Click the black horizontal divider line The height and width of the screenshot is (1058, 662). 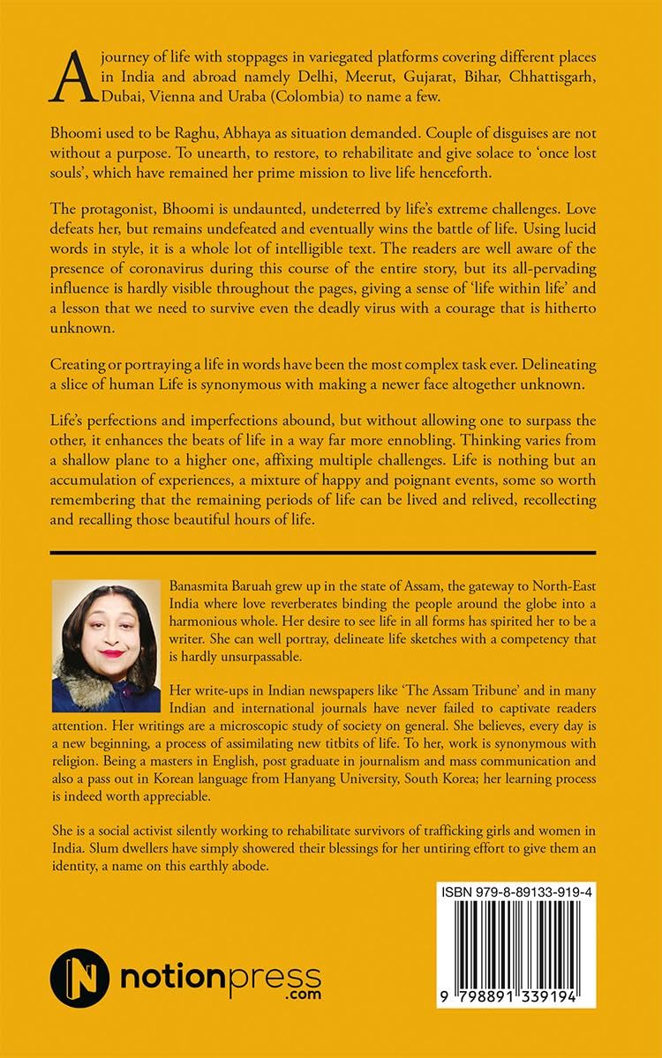click(323, 553)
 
